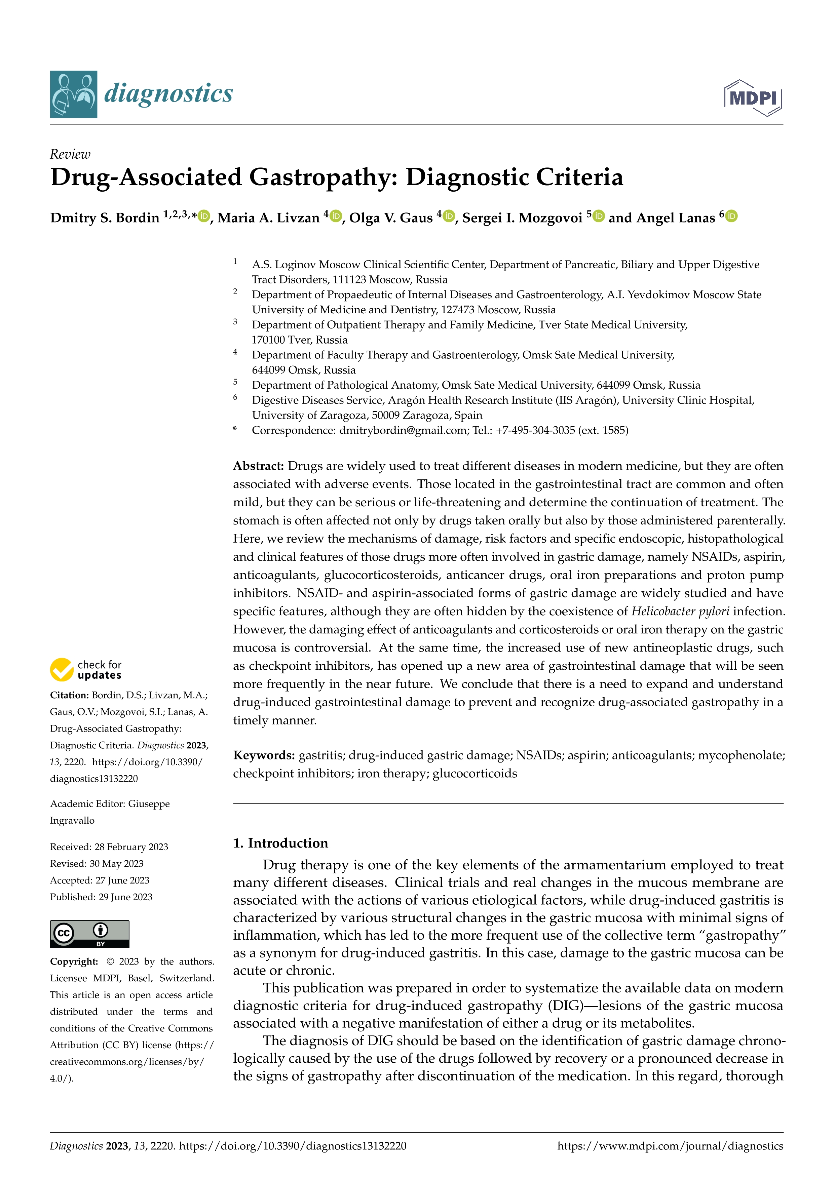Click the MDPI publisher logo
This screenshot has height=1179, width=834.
(753, 97)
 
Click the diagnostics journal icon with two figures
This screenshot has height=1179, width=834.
(73, 94)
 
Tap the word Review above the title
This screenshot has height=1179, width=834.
(70, 154)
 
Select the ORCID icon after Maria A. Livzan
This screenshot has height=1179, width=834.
(336, 217)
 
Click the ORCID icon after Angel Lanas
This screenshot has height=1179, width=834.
(732, 217)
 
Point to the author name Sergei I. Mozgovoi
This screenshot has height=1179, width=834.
(522, 218)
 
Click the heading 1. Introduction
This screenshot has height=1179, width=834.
(280, 843)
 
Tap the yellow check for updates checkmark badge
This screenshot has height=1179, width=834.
(62, 670)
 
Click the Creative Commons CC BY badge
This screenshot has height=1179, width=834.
(89, 934)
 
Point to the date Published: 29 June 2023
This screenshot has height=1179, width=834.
(101, 897)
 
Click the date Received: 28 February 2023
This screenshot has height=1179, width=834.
(109, 847)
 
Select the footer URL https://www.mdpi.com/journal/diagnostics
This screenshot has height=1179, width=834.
(670, 1146)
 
